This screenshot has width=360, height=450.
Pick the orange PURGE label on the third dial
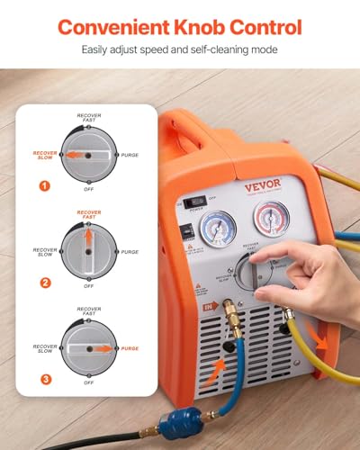[130, 348]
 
